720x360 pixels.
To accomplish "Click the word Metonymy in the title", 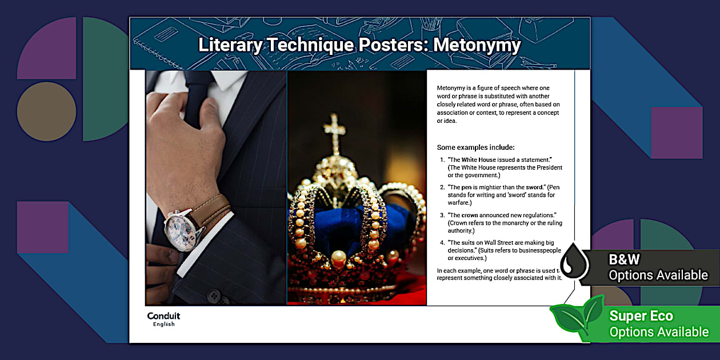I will tap(477, 45).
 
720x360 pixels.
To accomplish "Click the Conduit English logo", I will tap(163, 319).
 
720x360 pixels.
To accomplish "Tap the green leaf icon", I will tap(577, 317).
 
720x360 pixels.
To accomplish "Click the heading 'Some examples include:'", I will tap(475, 147).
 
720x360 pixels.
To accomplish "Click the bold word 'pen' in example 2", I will tap(466, 187).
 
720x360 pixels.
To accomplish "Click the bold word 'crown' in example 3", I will tap(470, 215).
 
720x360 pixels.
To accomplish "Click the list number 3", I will tap(442, 215).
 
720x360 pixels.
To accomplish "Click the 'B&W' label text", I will tap(624, 259).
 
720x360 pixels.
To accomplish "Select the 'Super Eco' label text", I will tap(641, 316).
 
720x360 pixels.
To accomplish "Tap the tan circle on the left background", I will tap(46, 111).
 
